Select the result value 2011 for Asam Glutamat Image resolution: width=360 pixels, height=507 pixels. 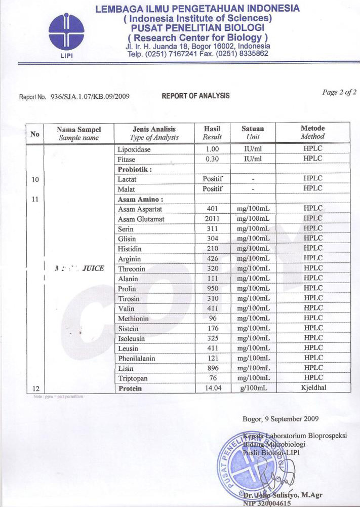pos(212,219)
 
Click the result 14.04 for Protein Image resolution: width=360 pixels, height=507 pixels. pos(212,388)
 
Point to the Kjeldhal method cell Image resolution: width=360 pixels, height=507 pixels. pos(312,388)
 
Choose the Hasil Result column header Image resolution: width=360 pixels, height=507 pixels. pos(212,133)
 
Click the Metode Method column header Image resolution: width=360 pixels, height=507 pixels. pos(312,133)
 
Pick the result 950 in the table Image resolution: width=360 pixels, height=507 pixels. pos(212,289)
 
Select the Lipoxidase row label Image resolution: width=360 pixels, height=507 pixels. pos(134,150)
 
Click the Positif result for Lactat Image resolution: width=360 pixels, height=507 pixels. pos(213,179)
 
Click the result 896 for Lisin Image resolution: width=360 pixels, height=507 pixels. pos(212,368)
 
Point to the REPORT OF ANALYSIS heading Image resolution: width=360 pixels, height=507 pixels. pos(195,96)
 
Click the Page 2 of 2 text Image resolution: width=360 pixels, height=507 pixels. pos(339,92)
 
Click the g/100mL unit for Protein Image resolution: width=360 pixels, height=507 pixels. pos(253,388)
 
